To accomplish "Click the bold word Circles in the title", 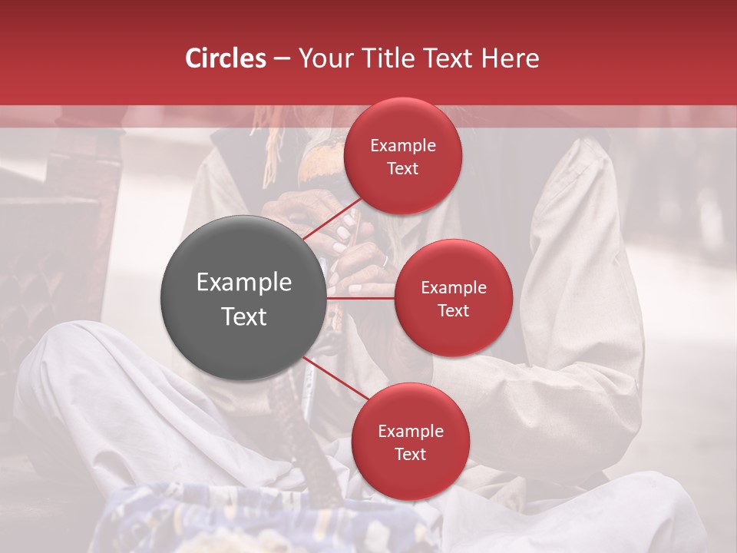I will (x=226, y=58).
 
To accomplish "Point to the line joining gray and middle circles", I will (x=361, y=298).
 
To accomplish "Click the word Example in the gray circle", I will (x=244, y=283).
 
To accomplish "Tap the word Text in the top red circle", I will (x=403, y=168).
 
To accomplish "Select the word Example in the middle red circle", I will (x=454, y=288).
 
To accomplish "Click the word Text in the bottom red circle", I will (x=410, y=454).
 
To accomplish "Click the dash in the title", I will (x=282, y=58).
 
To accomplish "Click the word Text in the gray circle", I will (x=244, y=316).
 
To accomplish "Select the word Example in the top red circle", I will (x=403, y=146).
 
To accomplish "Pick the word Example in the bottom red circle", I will (x=410, y=432).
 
